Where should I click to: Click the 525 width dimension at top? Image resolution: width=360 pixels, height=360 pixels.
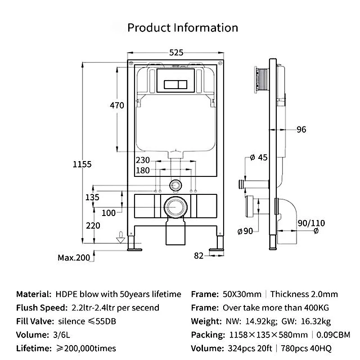176,53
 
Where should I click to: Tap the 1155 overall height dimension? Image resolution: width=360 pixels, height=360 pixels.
82,164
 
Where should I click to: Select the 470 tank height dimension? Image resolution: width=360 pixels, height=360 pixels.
117,105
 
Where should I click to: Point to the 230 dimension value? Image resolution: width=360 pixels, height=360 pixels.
143,160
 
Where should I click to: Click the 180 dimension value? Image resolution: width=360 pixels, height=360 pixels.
143,171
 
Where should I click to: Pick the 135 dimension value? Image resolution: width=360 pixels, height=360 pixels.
92,197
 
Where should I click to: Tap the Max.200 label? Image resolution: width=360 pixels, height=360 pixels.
74,257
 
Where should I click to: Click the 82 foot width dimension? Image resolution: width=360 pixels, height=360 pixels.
198,256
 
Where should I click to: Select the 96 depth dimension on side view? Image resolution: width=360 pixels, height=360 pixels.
301,130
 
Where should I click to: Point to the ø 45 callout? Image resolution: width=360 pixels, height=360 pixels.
258,157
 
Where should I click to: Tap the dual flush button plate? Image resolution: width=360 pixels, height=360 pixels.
175,84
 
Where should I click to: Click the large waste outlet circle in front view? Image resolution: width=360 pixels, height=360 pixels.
175,207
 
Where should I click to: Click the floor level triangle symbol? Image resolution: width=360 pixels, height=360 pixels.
121,240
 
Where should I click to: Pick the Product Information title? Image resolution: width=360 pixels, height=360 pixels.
183,28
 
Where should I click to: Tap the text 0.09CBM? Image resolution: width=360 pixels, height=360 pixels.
333,335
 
